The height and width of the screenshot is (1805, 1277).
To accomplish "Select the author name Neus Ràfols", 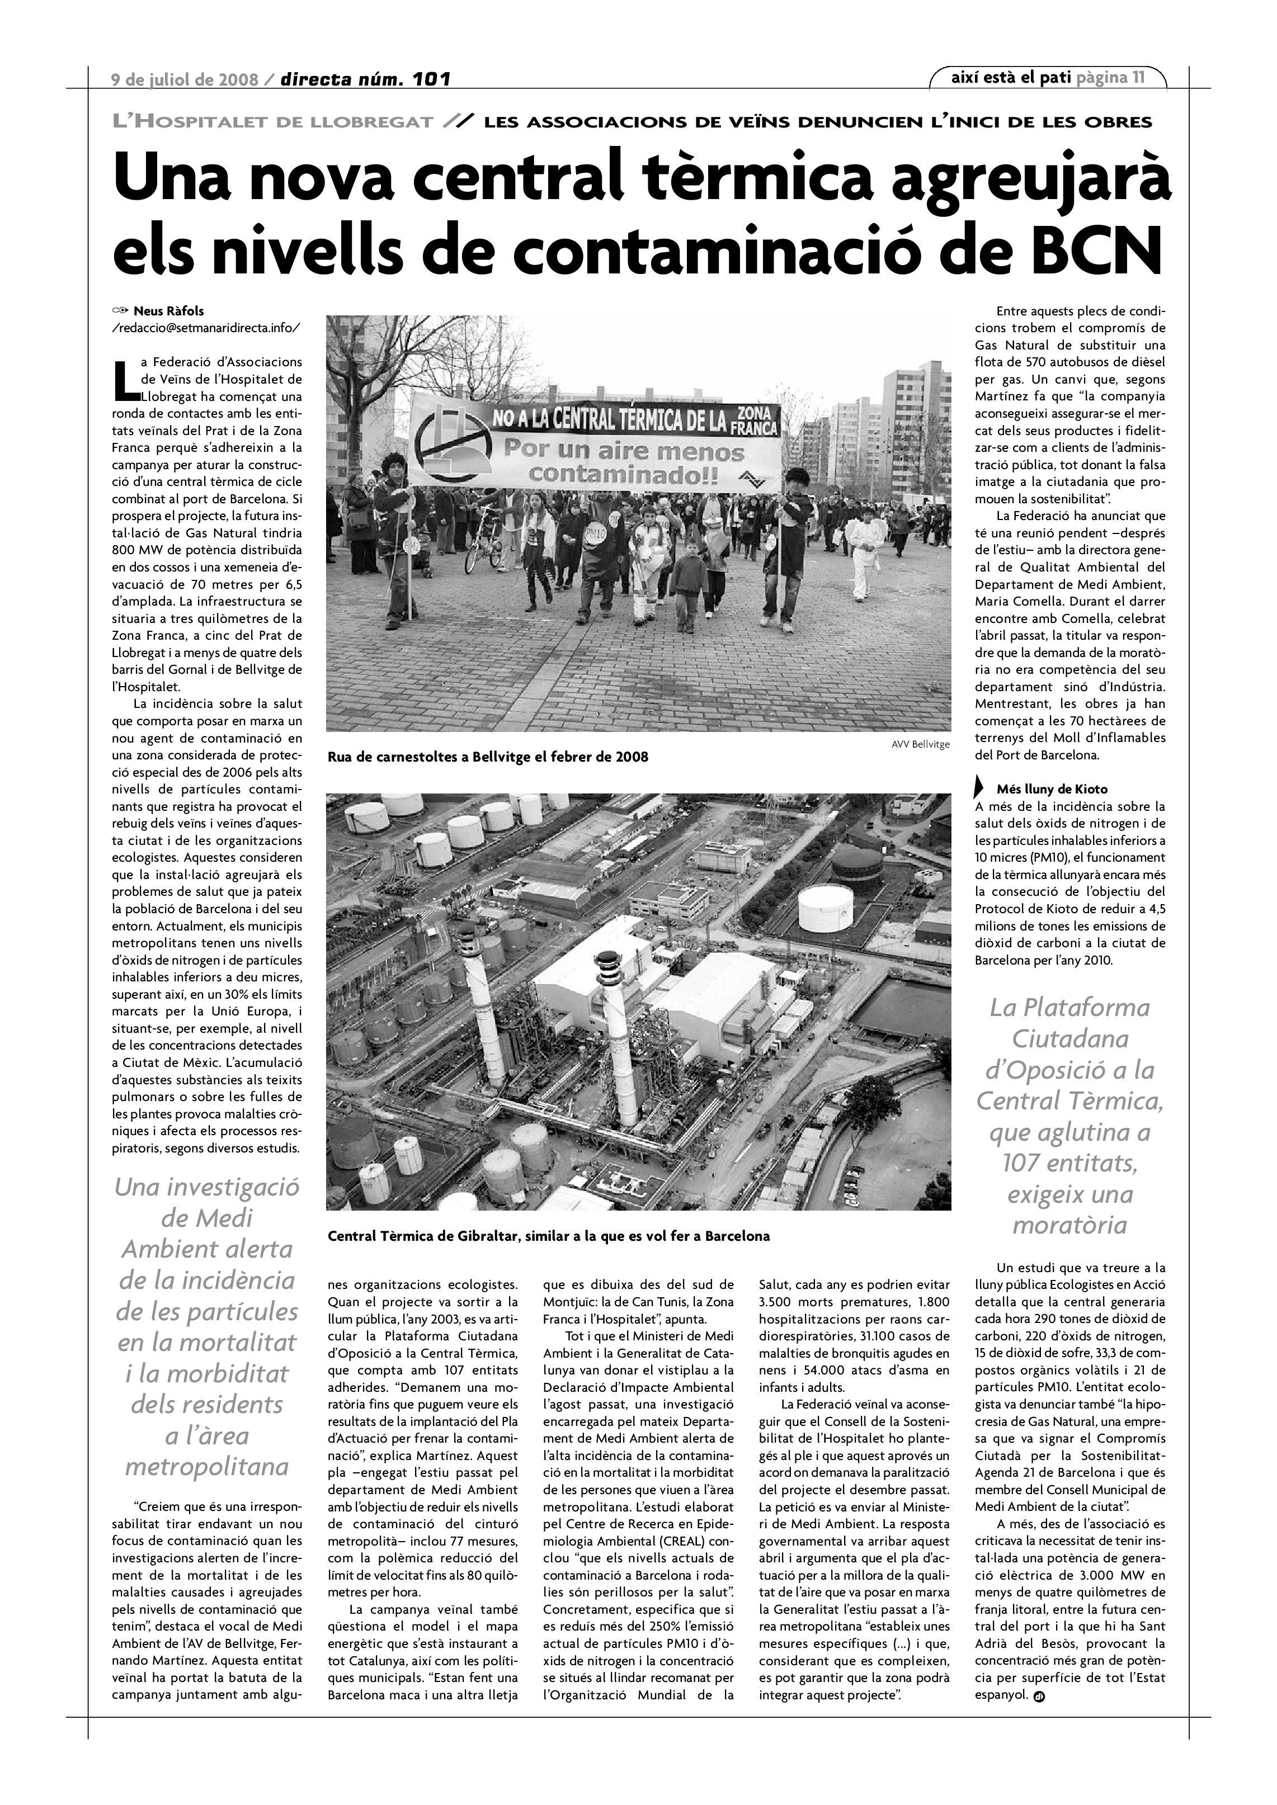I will (168, 310).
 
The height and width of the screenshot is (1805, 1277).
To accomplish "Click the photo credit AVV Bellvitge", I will (921, 744).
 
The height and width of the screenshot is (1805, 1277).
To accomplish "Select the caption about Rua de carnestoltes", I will (488, 757).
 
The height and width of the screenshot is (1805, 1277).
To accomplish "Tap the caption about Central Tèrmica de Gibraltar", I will (549, 1236).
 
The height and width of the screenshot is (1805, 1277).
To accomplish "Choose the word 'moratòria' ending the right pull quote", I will (1069, 1225).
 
